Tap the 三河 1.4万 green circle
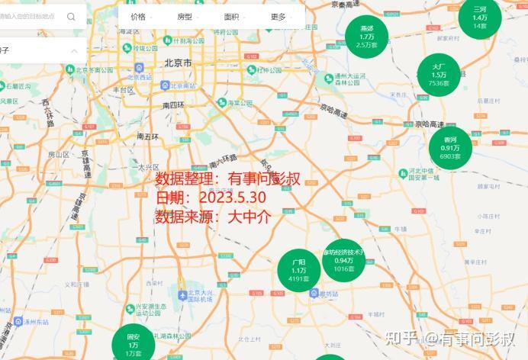pyautogui.click(x=479, y=16)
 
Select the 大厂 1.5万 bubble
pyautogui.click(x=439, y=75)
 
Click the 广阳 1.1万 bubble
pyautogui.click(x=298, y=270)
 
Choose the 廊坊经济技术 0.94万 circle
pyautogui.click(x=344, y=260)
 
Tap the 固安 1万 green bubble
pyautogui.click(x=134, y=344)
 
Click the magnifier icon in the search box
pyautogui.click(x=71, y=16)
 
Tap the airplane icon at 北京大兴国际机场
pyautogui.click(x=182, y=294)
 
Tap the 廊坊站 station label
pyautogui.click(x=327, y=294)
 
